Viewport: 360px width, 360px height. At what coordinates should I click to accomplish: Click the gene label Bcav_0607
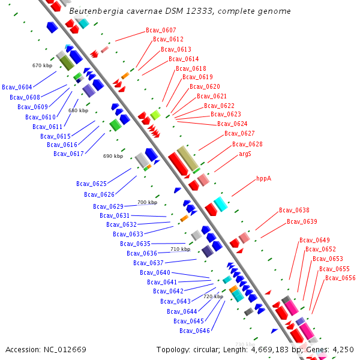tap(161, 30)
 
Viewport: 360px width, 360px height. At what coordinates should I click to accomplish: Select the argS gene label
tap(245, 154)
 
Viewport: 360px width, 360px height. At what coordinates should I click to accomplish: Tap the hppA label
tap(263, 178)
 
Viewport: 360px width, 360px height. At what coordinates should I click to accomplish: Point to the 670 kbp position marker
tap(42, 65)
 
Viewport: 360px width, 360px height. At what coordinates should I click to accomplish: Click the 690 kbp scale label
tap(113, 156)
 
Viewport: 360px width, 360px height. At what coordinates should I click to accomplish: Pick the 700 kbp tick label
tap(147, 203)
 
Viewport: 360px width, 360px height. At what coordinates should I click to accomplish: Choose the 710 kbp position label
tap(180, 249)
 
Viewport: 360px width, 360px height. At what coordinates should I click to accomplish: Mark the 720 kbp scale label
tap(213, 296)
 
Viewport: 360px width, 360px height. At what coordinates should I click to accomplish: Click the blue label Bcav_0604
tap(17, 88)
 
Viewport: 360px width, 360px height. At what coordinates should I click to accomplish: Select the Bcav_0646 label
tap(194, 331)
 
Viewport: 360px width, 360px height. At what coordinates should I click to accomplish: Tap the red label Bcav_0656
tap(340, 278)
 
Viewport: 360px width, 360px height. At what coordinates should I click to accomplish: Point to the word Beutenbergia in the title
tap(94, 11)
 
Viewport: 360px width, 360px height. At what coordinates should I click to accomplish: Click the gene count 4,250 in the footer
tap(343, 349)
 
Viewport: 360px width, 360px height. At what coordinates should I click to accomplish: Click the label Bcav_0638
tap(294, 210)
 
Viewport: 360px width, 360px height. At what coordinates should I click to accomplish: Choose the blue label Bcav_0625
tap(91, 184)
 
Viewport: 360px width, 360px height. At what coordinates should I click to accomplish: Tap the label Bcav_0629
tap(108, 206)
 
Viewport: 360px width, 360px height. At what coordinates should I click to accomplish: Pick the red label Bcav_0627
tap(239, 133)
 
